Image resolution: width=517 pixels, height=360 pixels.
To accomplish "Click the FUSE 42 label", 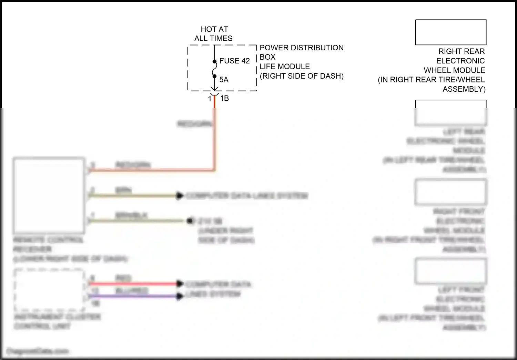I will pos(234,61).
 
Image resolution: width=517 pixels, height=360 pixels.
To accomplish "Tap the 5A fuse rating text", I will pos(224,80).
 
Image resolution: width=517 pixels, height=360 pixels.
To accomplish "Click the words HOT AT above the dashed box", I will pos(214,29).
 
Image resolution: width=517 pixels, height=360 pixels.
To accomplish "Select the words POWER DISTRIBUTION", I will pos(301,48).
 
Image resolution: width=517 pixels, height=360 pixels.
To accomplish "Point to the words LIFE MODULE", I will pos(284,67).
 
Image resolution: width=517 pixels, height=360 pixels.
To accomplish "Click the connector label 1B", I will pos(224,98).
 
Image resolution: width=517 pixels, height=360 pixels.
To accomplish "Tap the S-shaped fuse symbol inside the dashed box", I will pos(214,69).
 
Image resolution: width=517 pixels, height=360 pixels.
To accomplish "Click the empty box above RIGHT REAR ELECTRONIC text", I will pos(450,32).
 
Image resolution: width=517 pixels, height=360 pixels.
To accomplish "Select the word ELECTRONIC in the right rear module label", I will pos(460,61).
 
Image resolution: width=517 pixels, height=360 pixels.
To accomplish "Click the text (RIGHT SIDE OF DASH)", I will pos(301,76).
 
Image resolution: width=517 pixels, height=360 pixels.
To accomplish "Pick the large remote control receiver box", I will pos(49,196).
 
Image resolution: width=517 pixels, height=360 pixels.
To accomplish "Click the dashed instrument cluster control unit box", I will pos(49,290).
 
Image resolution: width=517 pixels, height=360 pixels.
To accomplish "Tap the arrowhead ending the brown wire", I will pos(180,196).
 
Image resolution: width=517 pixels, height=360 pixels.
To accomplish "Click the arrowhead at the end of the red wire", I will pos(180,284).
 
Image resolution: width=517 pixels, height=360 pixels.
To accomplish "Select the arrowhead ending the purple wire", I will pos(180,296).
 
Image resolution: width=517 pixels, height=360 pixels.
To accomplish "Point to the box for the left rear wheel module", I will pos(450,113).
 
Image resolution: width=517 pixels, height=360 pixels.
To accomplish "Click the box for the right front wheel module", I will pos(450,192).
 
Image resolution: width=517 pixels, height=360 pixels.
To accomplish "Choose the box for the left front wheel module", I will pos(450,271).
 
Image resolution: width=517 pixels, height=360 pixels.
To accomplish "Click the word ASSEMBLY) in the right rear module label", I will pos(464,89).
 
